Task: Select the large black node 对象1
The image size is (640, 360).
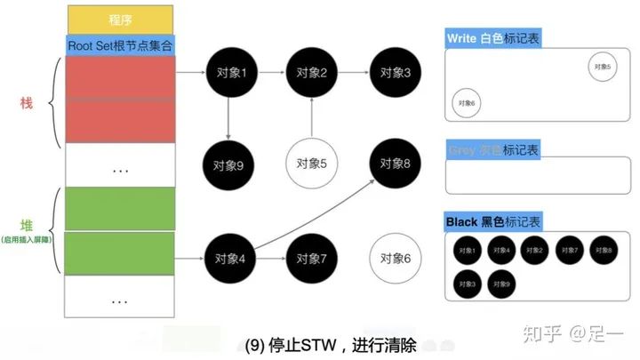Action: pos(229,73)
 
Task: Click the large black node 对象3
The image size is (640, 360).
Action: pos(395,73)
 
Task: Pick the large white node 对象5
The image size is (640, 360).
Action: pos(312,164)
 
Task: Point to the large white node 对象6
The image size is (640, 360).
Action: pos(395,259)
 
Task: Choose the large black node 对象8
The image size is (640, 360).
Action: pos(395,164)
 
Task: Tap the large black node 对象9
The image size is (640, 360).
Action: pos(229,164)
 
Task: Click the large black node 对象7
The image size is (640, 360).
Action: pos(312,259)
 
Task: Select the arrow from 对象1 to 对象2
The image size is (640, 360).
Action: pos(270,73)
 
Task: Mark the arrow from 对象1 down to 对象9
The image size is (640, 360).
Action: pos(229,119)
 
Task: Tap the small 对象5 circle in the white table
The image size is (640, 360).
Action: pos(602,67)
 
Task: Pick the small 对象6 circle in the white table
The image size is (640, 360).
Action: pos(467,103)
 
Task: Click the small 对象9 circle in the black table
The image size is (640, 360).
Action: pos(501,284)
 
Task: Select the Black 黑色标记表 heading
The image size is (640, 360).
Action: pos(492,220)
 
